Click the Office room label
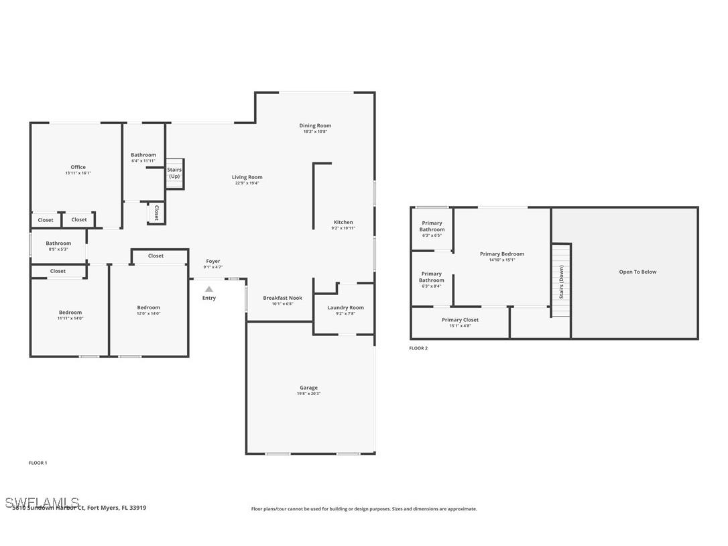click(x=78, y=167)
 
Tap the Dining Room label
click(x=315, y=125)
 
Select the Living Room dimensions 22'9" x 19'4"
click(x=247, y=183)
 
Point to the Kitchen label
click(x=343, y=222)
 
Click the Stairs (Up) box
click(x=174, y=173)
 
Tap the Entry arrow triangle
click(x=209, y=289)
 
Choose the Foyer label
click(x=213, y=261)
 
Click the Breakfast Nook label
click(x=282, y=298)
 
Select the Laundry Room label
click(x=346, y=307)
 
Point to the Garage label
click(x=308, y=388)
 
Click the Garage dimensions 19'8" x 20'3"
click(x=308, y=394)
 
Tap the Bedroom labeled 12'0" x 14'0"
click(x=149, y=308)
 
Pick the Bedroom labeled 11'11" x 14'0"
click(x=70, y=313)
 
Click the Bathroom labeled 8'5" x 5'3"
click(x=58, y=243)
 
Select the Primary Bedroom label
click(x=502, y=254)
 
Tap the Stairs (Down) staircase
click(x=561, y=280)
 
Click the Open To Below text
click(x=638, y=272)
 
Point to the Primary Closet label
click(x=461, y=320)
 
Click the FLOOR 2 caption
click(x=418, y=348)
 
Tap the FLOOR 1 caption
click(x=38, y=463)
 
